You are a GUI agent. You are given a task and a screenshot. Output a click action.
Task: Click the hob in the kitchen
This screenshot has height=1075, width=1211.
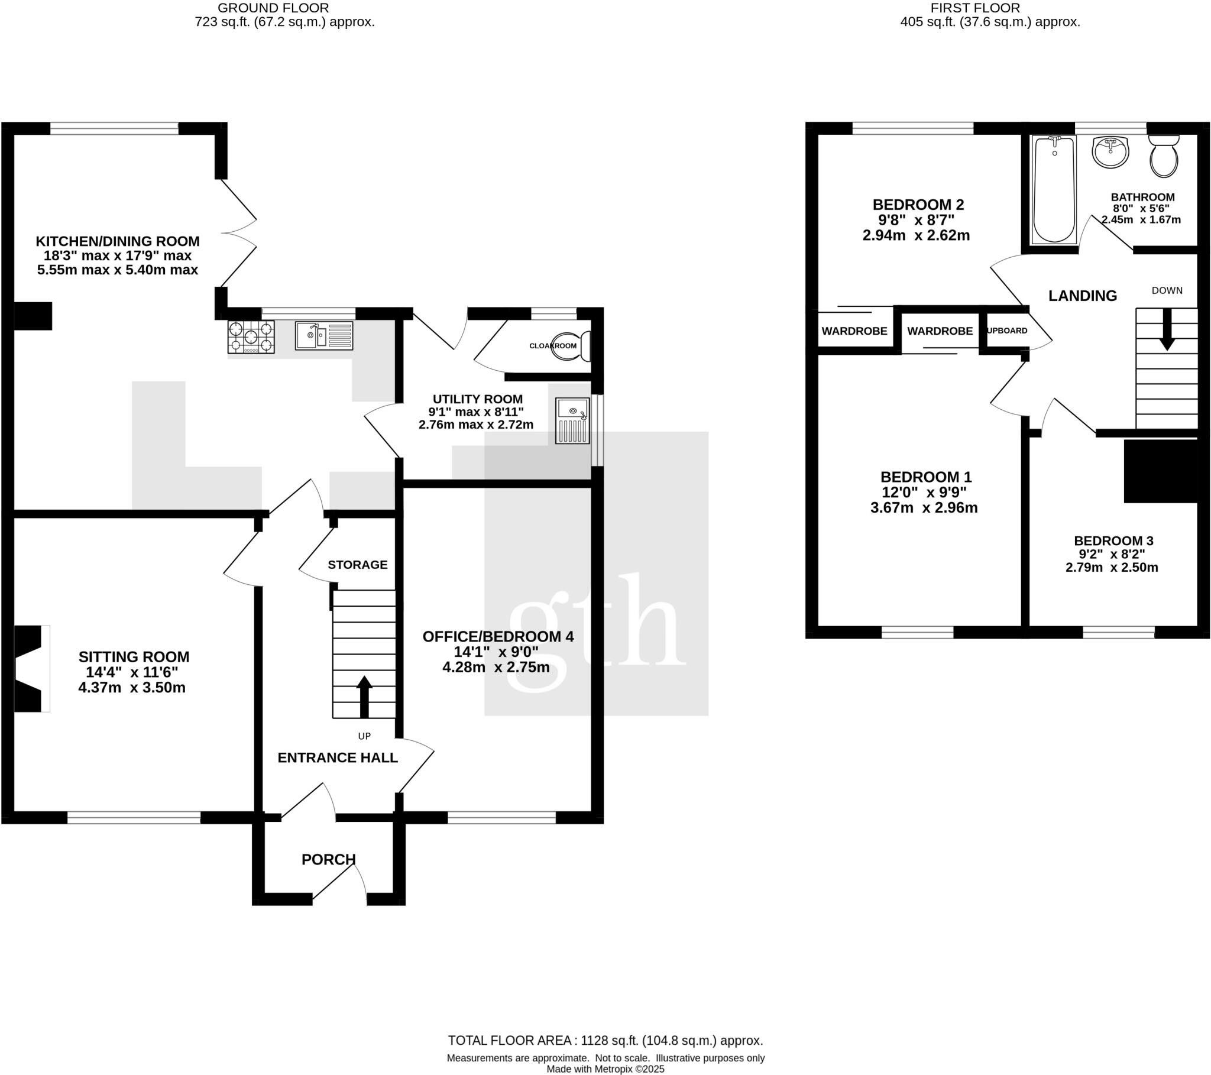pos(251,337)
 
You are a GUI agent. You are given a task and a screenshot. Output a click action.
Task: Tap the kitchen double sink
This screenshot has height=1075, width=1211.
pos(324,335)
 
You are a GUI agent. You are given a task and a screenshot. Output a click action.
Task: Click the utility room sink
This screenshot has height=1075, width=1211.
pos(572,421)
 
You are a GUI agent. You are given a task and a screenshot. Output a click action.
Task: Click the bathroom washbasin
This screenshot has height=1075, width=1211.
pos(1110,153)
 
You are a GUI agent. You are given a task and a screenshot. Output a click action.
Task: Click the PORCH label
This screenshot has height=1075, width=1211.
pos(328,859)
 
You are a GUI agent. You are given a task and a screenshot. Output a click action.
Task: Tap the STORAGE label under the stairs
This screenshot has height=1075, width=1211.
pos(357,565)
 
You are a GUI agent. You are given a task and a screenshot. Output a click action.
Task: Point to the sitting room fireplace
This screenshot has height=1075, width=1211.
pos(30,668)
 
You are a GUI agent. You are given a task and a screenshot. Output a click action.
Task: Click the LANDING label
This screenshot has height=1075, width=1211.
pos(1083,296)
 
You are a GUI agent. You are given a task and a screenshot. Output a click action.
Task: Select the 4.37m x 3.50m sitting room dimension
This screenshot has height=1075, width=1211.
pos(131,688)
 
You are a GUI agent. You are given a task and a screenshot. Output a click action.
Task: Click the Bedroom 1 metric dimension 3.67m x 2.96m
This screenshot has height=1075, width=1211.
pos(924,508)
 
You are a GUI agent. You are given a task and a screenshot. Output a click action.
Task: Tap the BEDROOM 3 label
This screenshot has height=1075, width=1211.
pos(1113,540)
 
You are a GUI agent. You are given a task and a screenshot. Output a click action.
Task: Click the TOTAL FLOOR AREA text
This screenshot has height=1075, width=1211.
pos(605,1040)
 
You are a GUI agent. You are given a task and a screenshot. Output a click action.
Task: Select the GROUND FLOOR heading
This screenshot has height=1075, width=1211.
pos(273,8)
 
